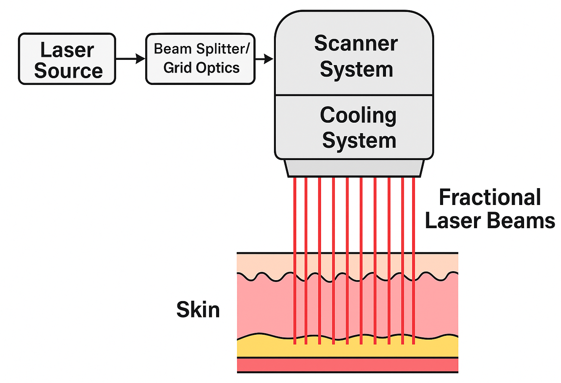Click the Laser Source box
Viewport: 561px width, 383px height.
pyautogui.click(x=67, y=59)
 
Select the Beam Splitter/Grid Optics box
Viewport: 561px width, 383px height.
pyautogui.click(x=200, y=59)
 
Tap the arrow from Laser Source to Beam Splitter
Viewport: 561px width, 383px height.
pyautogui.click(x=131, y=59)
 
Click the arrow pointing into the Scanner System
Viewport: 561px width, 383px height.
pyautogui.click(x=264, y=59)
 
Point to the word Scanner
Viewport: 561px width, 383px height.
pyautogui.click(x=356, y=43)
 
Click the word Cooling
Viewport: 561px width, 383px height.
pyautogui.click(x=358, y=115)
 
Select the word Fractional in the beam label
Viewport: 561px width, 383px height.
pyautogui.click(x=490, y=197)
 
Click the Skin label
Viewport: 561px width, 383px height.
pyautogui.click(x=198, y=309)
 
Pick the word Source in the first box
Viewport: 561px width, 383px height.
pyautogui.click(x=68, y=71)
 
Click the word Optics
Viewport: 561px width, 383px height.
pyautogui.click(x=218, y=68)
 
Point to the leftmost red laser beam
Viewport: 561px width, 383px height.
pyautogui.click(x=295, y=261)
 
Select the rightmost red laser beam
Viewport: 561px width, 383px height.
pyautogui.click(x=414, y=261)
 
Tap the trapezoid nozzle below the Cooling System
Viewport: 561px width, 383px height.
pyautogui.click(x=354, y=168)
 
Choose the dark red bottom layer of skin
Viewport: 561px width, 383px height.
pyautogui.click(x=347, y=365)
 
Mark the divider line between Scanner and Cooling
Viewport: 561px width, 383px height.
pyautogui.click(x=354, y=95)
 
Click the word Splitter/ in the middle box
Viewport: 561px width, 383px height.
pyautogui.click(x=223, y=49)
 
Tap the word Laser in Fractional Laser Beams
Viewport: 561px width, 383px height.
pyautogui.click(x=453, y=221)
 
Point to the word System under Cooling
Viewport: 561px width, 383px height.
pyautogui.click(x=359, y=141)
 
